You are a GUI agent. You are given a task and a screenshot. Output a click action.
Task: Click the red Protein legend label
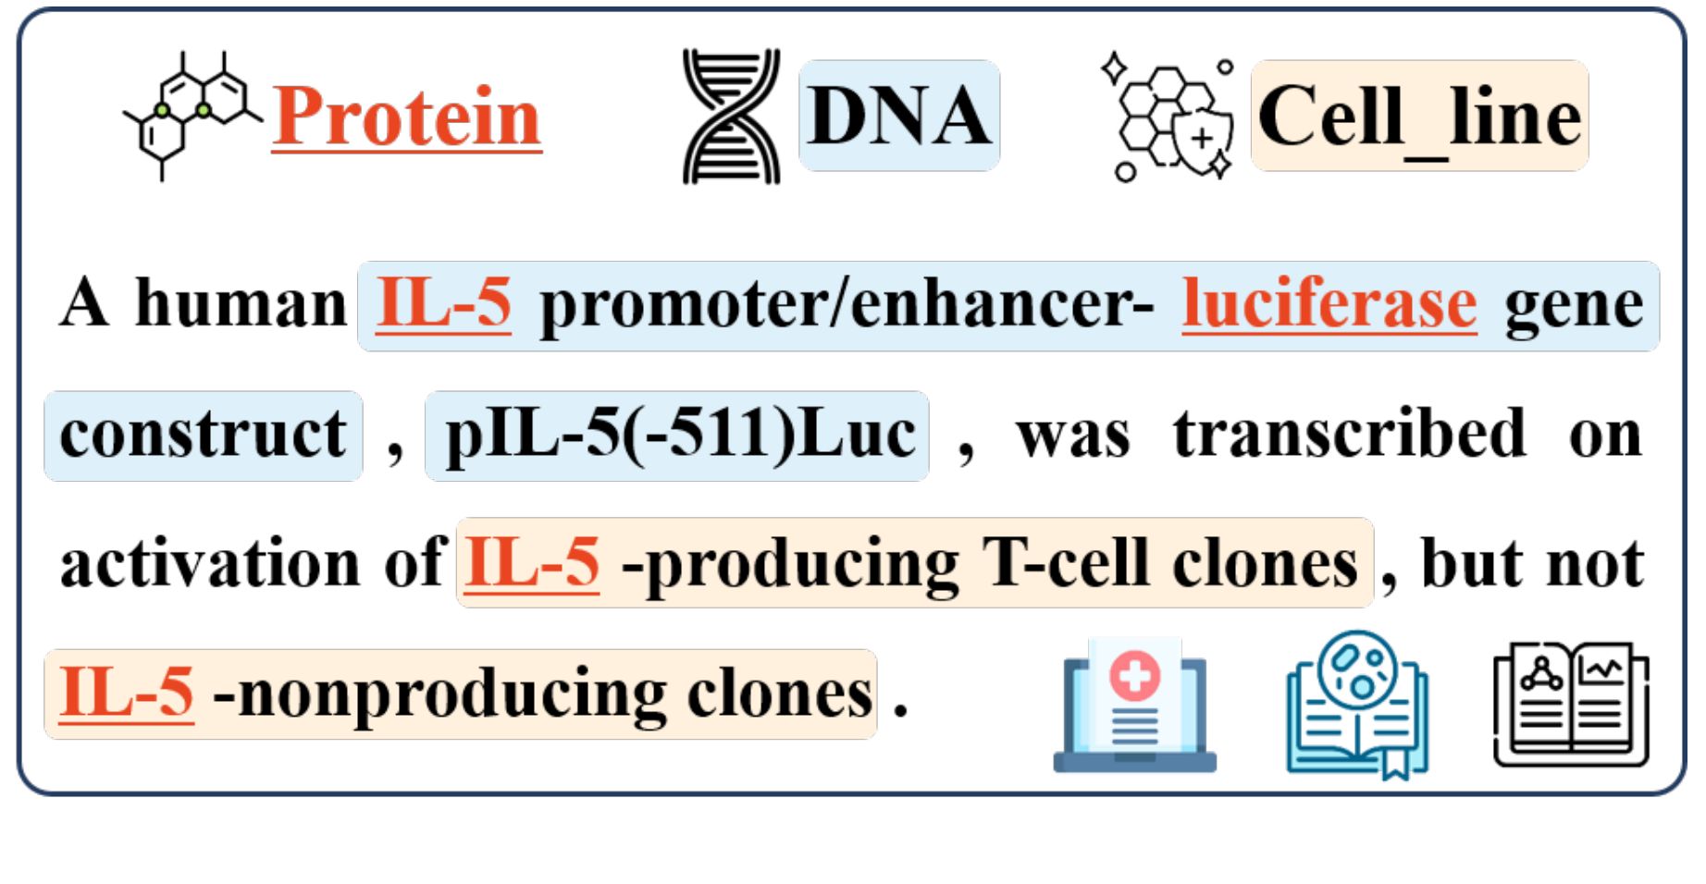[x=406, y=117]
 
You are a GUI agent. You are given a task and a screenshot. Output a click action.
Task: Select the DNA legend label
[x=898, y=116]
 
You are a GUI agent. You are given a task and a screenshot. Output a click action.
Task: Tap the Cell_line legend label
[x=1419, y=117]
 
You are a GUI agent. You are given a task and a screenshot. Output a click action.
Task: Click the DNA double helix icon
[x=731, y=116]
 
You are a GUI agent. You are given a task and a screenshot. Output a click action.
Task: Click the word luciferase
[x=1329, y=303]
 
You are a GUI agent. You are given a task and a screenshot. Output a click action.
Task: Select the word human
[x=241, y=303]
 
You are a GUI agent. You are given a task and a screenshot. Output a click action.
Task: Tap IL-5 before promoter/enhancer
[x=443, y=303]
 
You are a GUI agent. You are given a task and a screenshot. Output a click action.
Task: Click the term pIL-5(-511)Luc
[x=678, y=435]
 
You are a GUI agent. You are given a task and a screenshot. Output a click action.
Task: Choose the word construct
[x=203, y=435]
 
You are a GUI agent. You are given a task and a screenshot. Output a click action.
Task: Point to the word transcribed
[x=1349, y=433]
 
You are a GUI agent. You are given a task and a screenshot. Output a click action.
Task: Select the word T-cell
[x=1065, y=562]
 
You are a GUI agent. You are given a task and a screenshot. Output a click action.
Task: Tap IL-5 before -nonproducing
[x=127, y=693]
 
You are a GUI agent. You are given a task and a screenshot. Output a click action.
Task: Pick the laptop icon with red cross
[x=1134, y=706]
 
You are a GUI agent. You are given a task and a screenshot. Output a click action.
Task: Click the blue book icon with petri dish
[x=1356, y=706]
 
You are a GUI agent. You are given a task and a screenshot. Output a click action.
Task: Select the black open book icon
[x=1571, y=705]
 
